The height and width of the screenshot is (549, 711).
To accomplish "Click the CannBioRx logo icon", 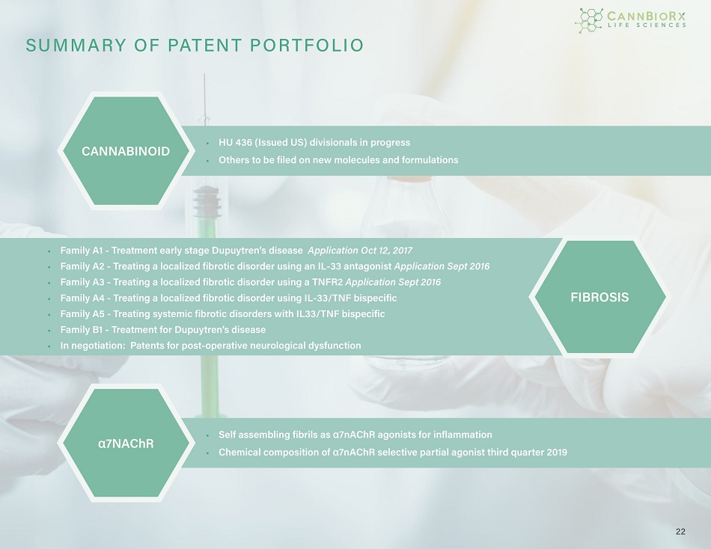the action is click(589, 20).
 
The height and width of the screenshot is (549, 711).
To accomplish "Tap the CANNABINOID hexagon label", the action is click(126, 151).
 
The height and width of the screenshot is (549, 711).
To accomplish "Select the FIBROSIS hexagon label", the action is click(599, 298).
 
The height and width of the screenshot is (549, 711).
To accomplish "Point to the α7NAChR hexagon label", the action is click(126, 444).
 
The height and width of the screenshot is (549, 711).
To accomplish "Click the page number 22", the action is click(680, 531).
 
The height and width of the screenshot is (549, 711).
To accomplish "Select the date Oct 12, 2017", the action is click(386, 251).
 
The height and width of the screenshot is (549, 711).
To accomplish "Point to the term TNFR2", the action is click(327, 282).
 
